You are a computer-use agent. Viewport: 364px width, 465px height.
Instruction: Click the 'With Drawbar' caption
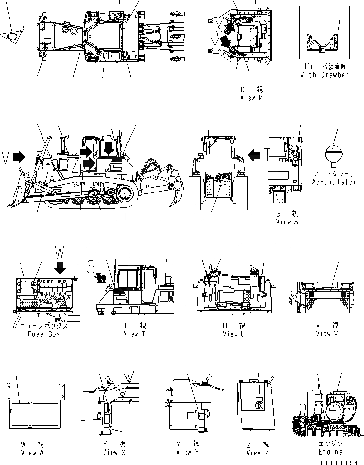point(324,75)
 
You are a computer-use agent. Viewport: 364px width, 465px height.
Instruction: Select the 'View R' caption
point(251,97)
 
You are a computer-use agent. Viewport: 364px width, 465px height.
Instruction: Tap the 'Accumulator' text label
point(334,182)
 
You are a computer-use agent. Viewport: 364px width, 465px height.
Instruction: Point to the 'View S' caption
point(287,222)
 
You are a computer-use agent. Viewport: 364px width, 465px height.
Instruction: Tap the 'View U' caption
point(234,334)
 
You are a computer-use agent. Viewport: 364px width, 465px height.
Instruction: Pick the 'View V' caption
point(327,334)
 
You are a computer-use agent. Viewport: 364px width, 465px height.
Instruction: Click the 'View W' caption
point(32,452)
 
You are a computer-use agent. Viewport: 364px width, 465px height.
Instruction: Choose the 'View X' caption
point(114,452)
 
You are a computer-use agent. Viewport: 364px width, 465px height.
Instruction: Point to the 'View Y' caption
point(187,452)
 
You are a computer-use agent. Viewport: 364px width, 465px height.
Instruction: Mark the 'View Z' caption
point(258,452)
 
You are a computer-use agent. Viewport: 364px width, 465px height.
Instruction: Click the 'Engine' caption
point(330,452)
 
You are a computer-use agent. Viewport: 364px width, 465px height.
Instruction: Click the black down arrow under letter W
point(60,267)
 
